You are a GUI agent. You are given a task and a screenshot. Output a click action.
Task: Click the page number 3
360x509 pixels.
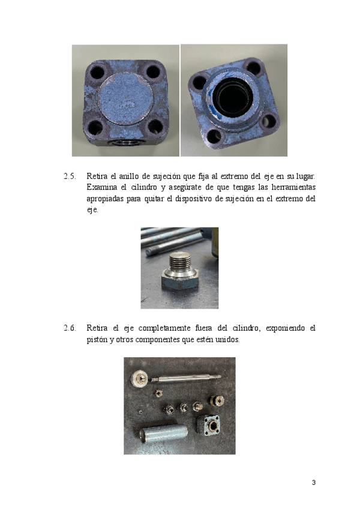pyautogui.click(x=314, y=483)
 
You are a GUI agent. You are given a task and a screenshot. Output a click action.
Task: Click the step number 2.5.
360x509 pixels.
pyautogui.click(x=70, y=176)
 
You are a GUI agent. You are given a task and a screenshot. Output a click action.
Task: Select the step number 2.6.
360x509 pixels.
pyautogui.click(x=70, y=328)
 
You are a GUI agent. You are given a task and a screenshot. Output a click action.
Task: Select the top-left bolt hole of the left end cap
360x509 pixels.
pyautogui.click(x=97, y=72)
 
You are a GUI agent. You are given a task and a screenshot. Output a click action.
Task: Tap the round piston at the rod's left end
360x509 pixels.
pyautogui.click(x=140, y=379)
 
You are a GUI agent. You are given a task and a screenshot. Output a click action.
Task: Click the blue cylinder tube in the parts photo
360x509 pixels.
pyautogui.click(x=164, y=434)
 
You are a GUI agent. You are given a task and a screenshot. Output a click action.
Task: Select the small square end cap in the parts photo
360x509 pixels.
pyautogui.click(x=209, y=425)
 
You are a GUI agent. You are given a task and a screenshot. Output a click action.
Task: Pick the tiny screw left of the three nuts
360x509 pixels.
pyautogui.click(x=140, y=412)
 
